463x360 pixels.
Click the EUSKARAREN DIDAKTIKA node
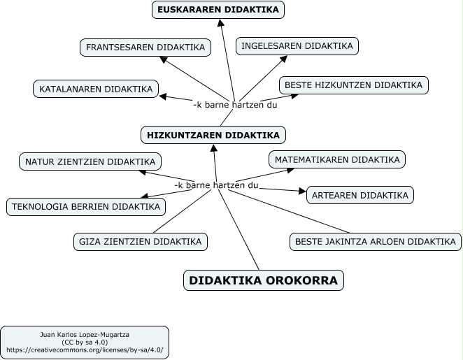click(x=218, y=10)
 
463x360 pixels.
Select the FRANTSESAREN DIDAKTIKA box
click(x=145, y=48)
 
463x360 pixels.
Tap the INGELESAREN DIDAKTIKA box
click(x=297, y=46)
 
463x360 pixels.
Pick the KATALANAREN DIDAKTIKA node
click(x=96, y=89)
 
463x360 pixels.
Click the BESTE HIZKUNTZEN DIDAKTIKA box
click(x=354, y=85)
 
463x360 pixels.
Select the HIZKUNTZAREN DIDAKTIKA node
click(x=213, y=135)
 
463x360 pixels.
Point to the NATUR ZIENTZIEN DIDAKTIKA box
click(x=90, y=161)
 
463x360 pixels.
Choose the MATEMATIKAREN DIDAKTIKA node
click(x=337, y=159)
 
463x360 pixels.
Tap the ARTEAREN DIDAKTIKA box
click(x=360, y=195)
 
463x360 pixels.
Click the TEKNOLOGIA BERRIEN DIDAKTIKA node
click(x=86, y=207)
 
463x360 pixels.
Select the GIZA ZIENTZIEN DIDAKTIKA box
click(x=141, y=242)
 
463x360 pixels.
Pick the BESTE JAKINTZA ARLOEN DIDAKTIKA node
click(x=376, y=242)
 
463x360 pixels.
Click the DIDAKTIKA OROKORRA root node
click(x=264, y=280)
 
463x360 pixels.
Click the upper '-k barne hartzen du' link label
click(x=235, y=105)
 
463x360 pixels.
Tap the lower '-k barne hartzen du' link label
click(x=216, y=185)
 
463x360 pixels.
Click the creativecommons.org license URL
click(x=85, y=350)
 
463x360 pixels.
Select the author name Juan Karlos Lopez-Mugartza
click(x=85, y=335)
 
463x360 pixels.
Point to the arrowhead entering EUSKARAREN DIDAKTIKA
click(x=221, y=23)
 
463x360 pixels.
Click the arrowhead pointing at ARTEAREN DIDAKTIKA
click(x=302, y=191)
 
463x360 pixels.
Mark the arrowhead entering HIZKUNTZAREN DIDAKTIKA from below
click(x=214, y=147)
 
